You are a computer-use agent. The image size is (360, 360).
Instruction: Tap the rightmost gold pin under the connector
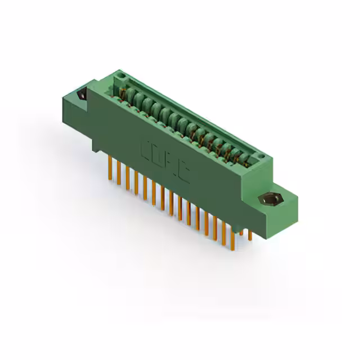click(250, 234)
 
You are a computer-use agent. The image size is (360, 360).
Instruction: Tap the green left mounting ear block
click(76, 107)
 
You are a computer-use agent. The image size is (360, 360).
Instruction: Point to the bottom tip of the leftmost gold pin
click(110, 179)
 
